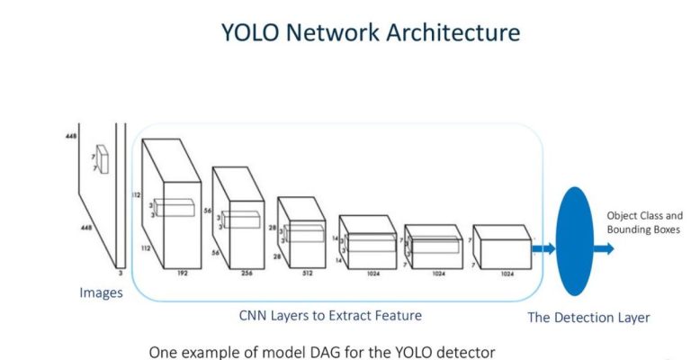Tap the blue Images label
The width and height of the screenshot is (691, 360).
(x=101, y=292)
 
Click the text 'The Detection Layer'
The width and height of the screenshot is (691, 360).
(x=588, y=317)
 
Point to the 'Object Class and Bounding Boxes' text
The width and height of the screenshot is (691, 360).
(x=644, y=222)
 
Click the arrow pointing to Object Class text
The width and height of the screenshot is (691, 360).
(x=604, y=247)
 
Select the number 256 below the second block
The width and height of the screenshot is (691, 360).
(x=246, y=269)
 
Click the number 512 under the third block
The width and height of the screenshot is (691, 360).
(x=306, y=269)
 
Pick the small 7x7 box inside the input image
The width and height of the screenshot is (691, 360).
(x=104, y=159)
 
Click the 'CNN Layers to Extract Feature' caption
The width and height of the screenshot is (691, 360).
(x=330, y=316)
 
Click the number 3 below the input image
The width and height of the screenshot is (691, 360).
(x=118, y=270)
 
